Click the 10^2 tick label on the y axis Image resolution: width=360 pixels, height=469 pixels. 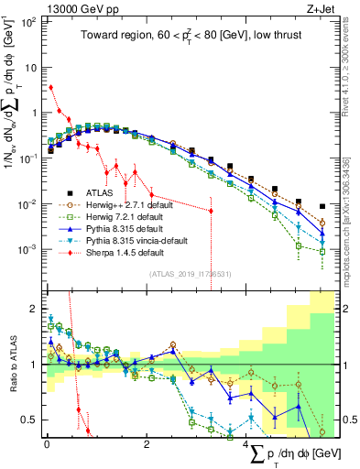[x=27, y=21]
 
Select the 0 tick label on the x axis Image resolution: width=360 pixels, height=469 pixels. [x=46, y=442]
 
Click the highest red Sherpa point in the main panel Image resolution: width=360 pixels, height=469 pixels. [x=50, y=88]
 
